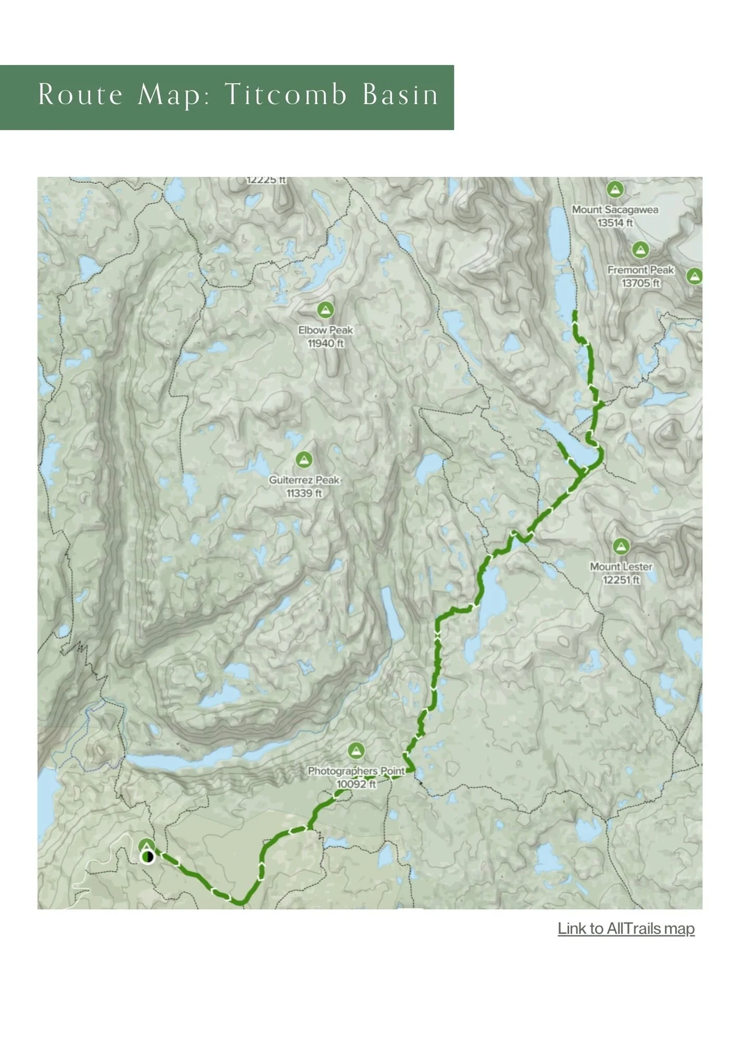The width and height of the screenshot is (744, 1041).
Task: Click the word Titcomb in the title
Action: point(286,95)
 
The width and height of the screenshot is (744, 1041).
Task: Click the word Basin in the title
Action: point(400,95)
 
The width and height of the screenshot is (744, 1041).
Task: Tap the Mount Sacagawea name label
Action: point(615,210)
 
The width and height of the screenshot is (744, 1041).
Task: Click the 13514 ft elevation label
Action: point(615,223)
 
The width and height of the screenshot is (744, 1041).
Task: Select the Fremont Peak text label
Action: point(640,270)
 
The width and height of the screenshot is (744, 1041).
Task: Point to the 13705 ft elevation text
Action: point(640,283)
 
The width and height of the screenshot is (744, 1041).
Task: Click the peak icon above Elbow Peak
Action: point(326,310)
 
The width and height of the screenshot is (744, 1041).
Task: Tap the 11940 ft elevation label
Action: point(326,344)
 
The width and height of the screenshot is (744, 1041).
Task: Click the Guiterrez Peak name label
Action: point(304,480)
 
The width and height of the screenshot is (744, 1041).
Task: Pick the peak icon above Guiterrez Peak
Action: point(304,460)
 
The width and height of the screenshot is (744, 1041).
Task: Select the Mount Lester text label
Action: point(621,566)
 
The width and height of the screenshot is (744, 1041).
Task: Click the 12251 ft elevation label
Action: point(621,580)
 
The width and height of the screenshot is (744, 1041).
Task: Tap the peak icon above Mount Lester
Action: point(620,547)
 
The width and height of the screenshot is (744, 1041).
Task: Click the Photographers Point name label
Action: point(356,771)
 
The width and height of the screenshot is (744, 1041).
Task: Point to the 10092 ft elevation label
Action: point(356,784)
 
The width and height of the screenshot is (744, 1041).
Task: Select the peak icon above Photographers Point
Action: point(356,751)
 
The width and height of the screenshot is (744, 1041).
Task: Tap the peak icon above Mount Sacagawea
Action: point(615,189)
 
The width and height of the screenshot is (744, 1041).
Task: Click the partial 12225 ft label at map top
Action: point(266,180)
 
